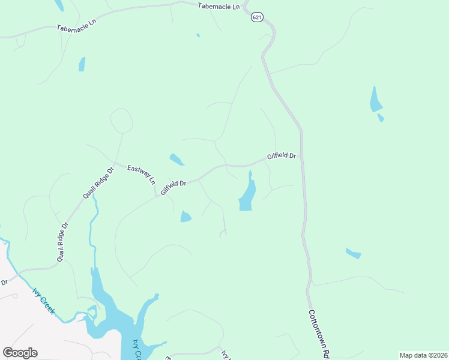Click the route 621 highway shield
(x=257, y=17)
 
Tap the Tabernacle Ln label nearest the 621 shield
(x=220, y=5)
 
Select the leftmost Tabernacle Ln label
(x=77, y=28)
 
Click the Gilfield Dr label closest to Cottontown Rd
(x=282, y=156)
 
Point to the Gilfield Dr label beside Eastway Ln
(x=174, y=187)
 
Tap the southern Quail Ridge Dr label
(x=64, y=241)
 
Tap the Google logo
(x=20, y=353)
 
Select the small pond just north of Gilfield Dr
(x=176, y=160)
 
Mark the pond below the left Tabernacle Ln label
(x=82, y=64)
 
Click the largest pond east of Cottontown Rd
(x=375, y=101)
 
